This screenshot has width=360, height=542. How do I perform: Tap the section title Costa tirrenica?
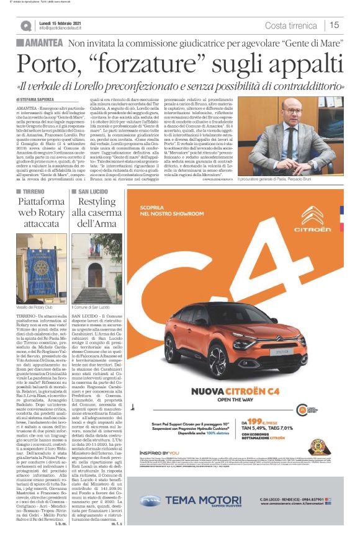click(290, 25)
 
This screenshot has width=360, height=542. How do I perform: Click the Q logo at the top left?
click(25, 25)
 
